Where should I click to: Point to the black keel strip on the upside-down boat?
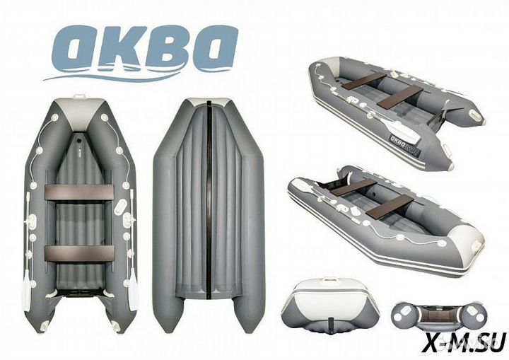(211, 212)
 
